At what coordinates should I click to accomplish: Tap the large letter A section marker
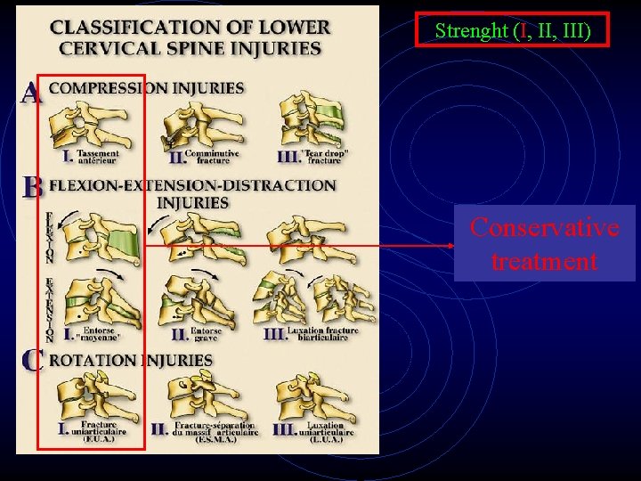(x=32, y=92)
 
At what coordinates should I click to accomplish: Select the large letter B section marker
(x=33, y=187)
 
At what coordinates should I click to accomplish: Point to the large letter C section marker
(x=33, y=361)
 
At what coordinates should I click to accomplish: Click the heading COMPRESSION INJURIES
(x=146, y=88)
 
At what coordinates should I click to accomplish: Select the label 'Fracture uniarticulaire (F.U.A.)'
(x=103, y=430)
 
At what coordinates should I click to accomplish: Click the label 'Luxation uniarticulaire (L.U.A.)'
(x=329, y=430)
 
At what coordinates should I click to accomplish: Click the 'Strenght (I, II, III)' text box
(x=513, y=30)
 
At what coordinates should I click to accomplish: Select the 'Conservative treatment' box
(x=544, y=244)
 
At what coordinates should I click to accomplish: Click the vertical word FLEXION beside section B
(x=49, y=237)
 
